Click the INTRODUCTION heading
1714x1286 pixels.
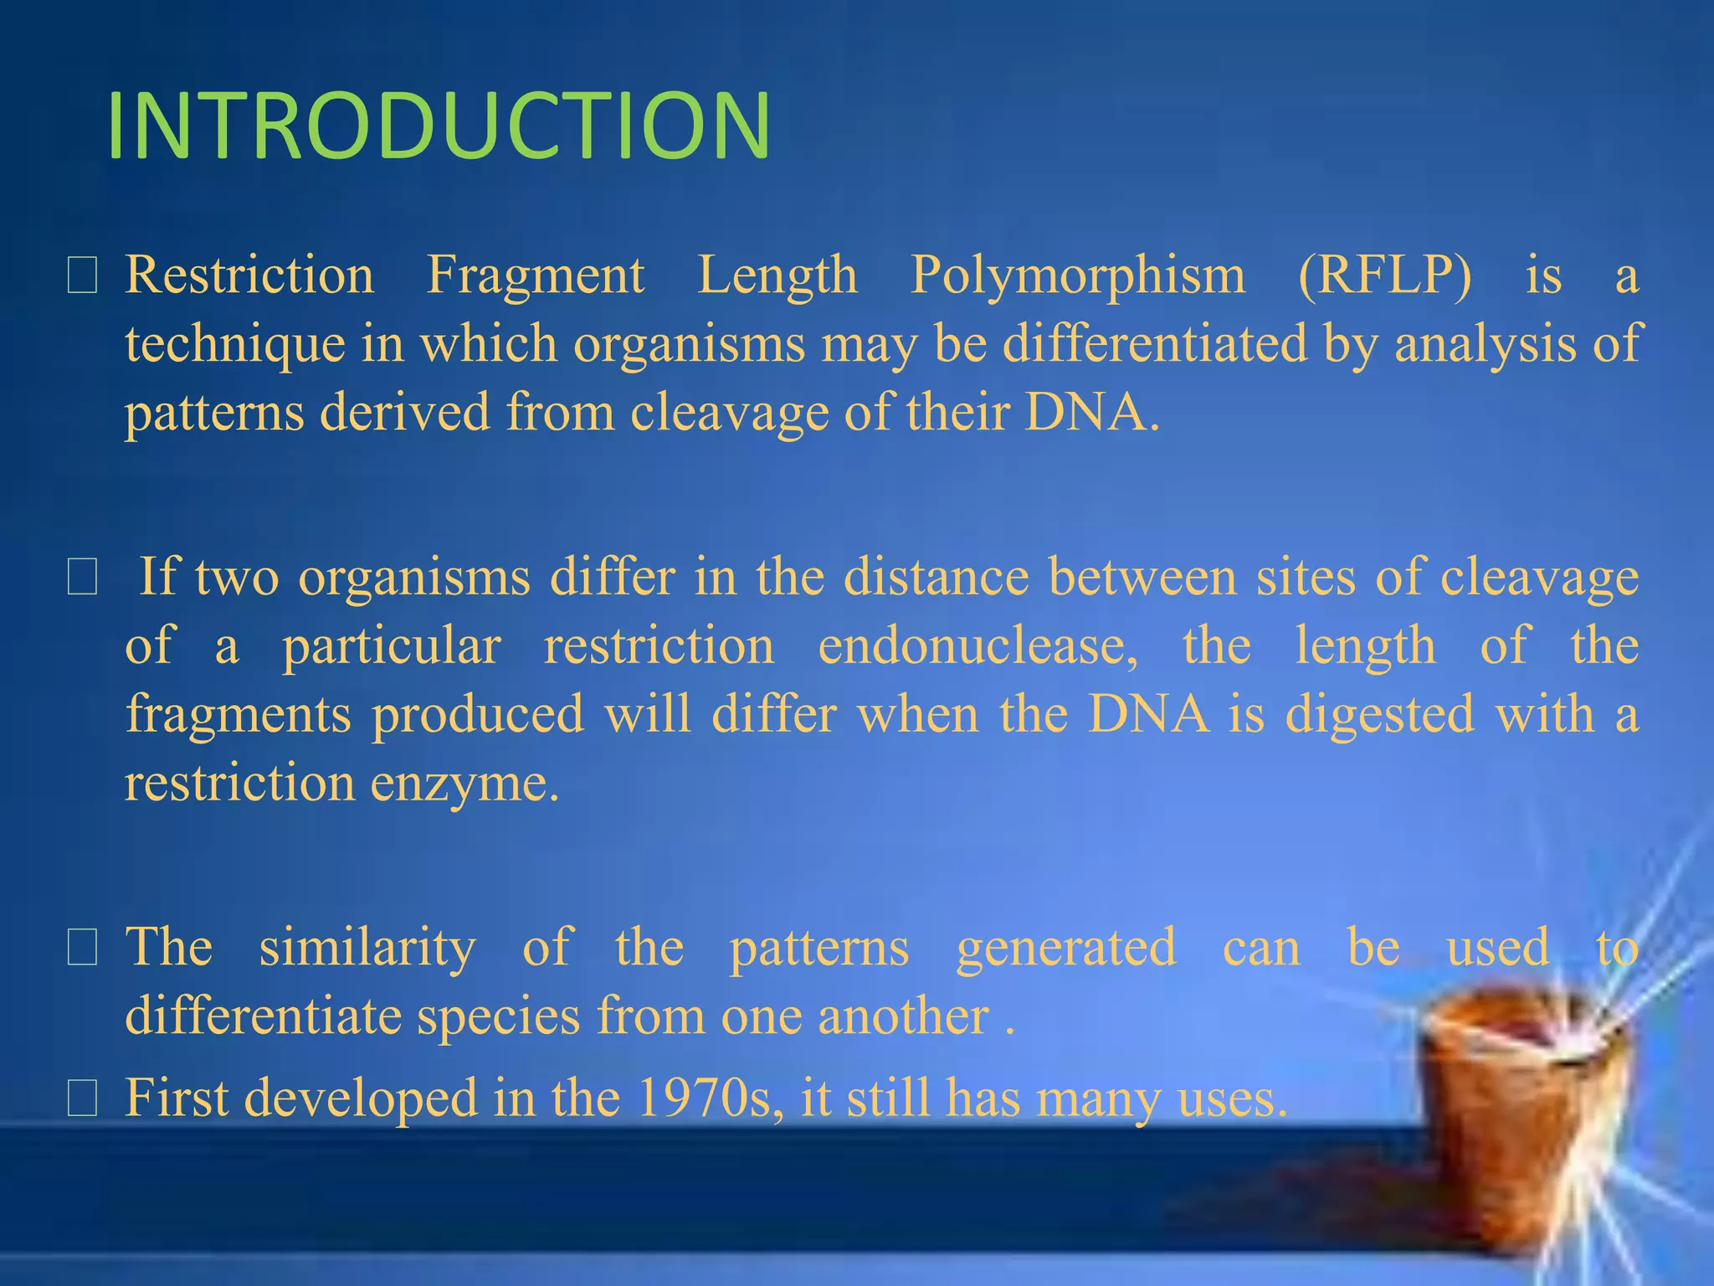(x=439, y=126)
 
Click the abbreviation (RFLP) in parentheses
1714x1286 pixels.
(x=1384, y=275)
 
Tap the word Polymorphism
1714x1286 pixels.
(x=1077, y=276)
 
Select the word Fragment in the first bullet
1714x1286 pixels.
(x=536, y=276)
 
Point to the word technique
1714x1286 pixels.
(x=234, y=345)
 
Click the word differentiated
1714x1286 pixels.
(x=1154, y=344)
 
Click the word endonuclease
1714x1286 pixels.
(x=978, y=646)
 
